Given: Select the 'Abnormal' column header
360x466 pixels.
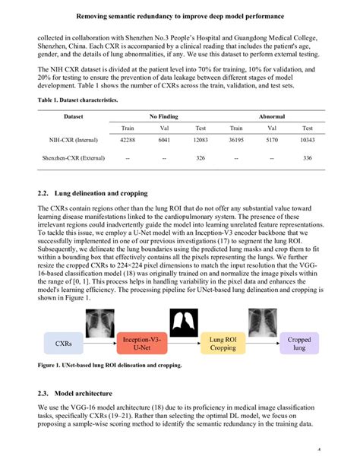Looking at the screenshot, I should point(272,116).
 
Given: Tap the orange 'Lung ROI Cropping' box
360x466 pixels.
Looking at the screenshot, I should point(223,344).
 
